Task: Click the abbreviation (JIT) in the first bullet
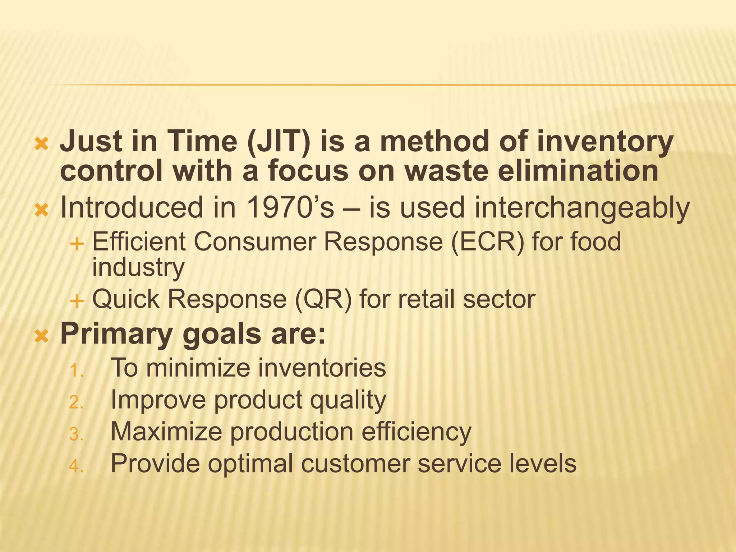[279, 142]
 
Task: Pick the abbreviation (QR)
[323, 299]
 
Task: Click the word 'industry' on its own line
[138, 268]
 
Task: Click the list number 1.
[76, 371]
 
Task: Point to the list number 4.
[76, 466]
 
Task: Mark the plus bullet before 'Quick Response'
[77, 300]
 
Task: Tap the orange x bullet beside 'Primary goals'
[41, 336]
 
